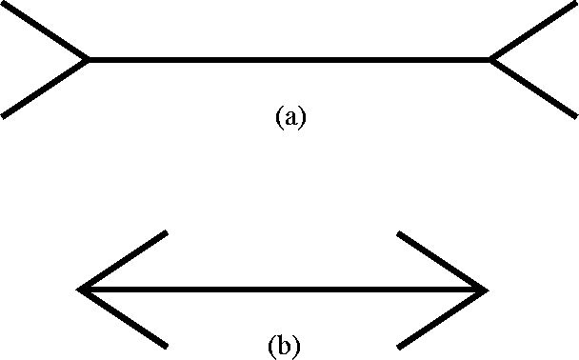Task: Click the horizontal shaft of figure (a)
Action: coord(289,60)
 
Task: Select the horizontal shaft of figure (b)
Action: coord(283,290)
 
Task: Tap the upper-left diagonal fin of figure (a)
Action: coord(45,30)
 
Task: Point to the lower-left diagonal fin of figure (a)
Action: coord(45,89)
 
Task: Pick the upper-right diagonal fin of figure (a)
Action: coord(533,30)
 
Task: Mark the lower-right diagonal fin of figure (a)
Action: coord(533,89)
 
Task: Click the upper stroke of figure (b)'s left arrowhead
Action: coord(123,260)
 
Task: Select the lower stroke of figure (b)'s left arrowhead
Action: coord(123,319)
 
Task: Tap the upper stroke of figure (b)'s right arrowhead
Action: coord(443,261)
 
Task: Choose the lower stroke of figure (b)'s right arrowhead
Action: coord(443,319)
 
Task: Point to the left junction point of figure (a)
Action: coord(88,60)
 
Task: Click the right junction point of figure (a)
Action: coord(490,60)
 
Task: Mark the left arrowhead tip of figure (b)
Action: coord(78,290)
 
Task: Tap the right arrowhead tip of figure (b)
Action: coord(488,290)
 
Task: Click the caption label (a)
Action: coord(291,117)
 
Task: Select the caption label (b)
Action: coord(284,347)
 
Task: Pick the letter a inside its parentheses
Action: coord(291,119)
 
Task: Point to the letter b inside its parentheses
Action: coord(284,346)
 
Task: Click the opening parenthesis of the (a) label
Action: coord(279,118)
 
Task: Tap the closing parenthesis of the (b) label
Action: coord(296,347)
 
